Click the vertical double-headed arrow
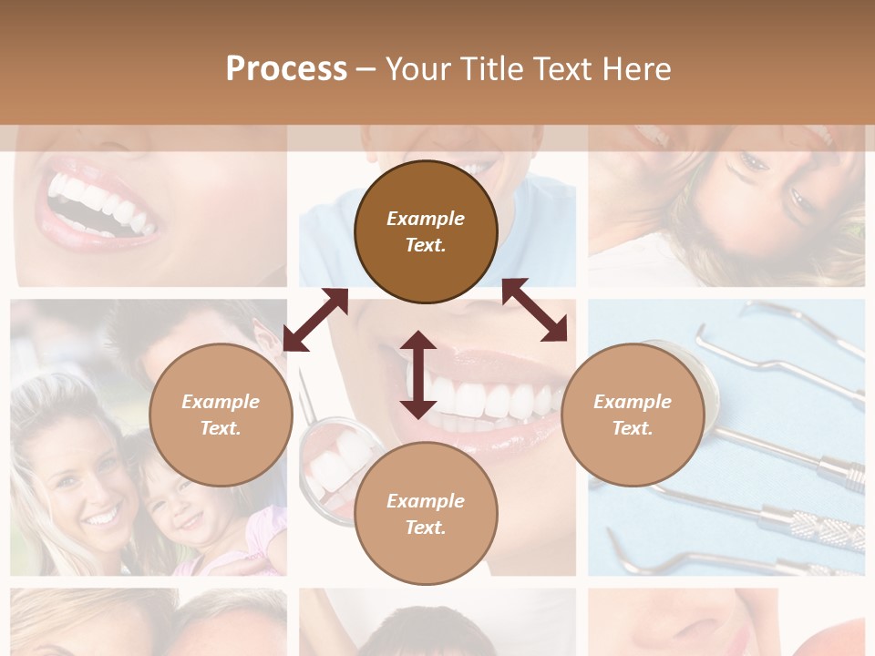click(x=417, y=374)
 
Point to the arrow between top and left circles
click(x=315, y=320)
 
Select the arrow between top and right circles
click(x=535, y=310)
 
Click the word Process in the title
click(x=286, y=68)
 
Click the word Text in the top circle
click(x=425, y=245)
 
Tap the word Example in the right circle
click(x=633, y=402)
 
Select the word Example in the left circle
click(x=221, y=402)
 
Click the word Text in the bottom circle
click(x=425, y=528)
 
